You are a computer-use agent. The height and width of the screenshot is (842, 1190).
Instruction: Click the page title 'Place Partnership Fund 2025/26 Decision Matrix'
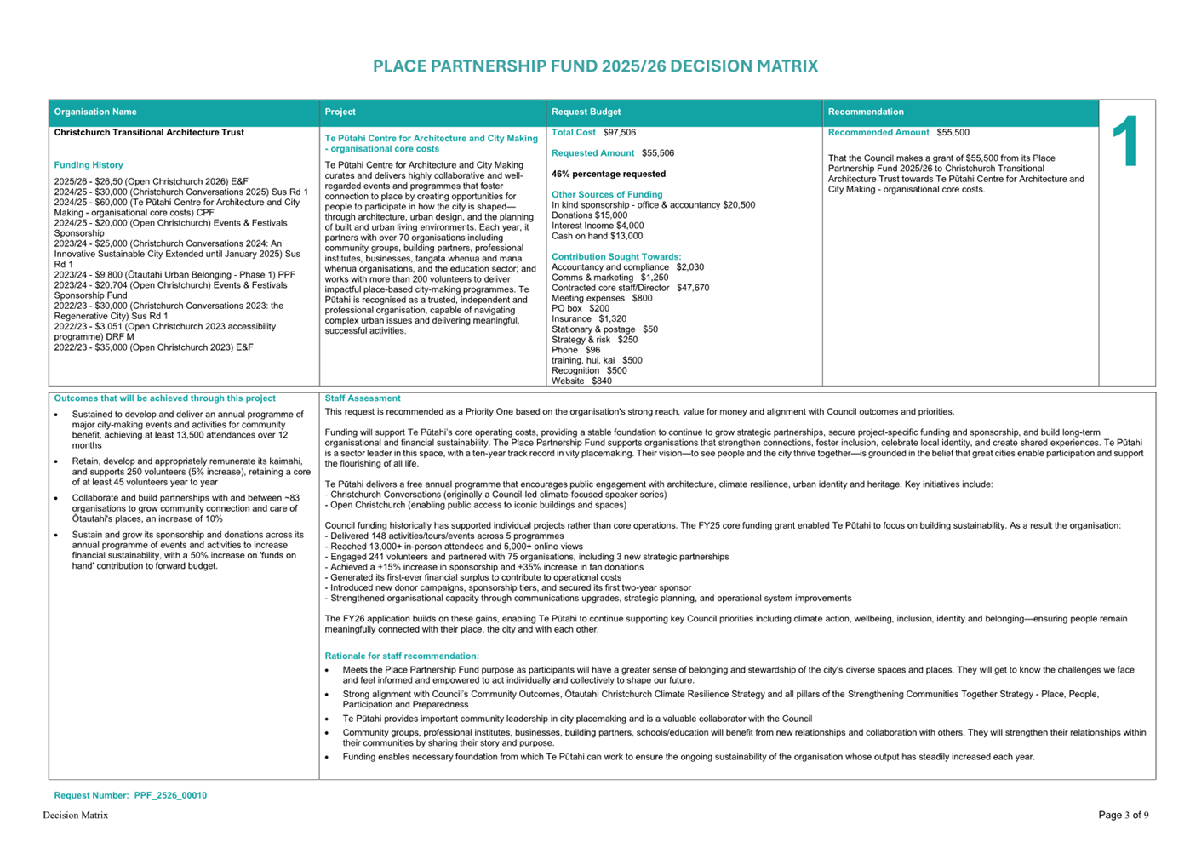(595, 66)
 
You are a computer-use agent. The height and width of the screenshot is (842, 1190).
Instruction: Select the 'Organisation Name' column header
(95, 112)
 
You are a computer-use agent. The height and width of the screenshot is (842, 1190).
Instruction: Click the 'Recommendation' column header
(866, 112)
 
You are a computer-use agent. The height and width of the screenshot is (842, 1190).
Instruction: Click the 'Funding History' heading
(89, 165)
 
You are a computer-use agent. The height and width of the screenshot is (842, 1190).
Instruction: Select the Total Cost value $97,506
(619, 133)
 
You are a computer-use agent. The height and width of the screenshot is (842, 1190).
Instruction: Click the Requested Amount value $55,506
(658, 153)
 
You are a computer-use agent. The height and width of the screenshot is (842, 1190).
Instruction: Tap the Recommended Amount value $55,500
(953, 133)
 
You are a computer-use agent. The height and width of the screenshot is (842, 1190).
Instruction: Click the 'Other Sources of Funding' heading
(607, 195)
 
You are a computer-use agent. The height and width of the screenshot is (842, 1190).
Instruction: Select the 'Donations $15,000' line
(589, 215)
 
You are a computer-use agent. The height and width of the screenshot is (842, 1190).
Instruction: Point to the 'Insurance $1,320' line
(589, 319)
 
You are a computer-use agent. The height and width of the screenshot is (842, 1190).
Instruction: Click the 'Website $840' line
(581, 381)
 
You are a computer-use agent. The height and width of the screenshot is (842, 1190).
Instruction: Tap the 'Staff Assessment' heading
(363, 398)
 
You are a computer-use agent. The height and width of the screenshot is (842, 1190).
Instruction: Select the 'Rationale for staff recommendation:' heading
(402, 656)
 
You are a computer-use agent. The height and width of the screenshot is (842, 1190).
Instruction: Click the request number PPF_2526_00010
(170, 796)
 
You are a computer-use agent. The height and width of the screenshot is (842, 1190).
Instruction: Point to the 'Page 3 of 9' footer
(1123, 816)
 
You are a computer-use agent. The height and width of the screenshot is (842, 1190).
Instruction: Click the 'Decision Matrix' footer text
(76, 816)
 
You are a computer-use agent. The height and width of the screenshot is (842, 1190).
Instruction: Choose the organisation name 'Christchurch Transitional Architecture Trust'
(149, 133)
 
